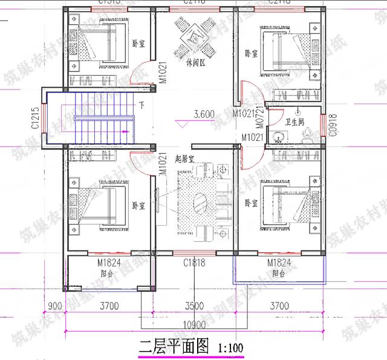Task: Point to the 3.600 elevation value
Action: [205, 114]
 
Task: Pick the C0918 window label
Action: [331, 125]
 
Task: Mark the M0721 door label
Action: [261, 117]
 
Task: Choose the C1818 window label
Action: [193, 263]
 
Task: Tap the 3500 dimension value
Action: [193, 306]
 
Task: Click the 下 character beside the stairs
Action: [142, 105]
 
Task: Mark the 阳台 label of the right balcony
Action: [279, 273]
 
